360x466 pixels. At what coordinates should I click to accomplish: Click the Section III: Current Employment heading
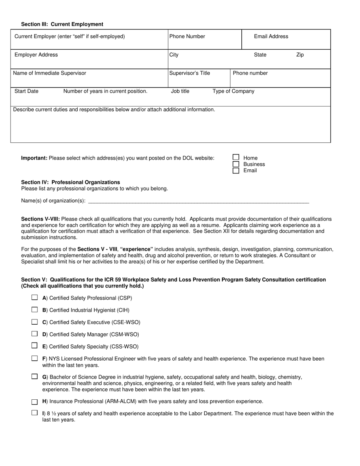(x=62, y=24)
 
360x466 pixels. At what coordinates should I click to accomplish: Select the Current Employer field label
(x=69, y=36)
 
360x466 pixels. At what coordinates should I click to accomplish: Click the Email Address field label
(x=271, y=36)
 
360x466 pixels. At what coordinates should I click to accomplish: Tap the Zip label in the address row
(x=300, y=55)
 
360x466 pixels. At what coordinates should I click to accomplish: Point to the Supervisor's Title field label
(x=189, y=73)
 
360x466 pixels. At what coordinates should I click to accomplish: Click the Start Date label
(x=26, y=91)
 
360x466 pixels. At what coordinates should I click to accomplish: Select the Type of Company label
(x=233, y=91)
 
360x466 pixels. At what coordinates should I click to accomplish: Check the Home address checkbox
(x=236, y=157)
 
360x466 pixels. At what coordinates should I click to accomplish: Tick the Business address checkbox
(x=236, y=164)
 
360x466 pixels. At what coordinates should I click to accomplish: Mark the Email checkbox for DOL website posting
(x=236, y=170)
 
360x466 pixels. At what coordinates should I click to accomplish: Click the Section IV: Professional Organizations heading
(x=70, y=182)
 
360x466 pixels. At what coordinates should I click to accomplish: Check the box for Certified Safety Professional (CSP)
(x=35, y=298)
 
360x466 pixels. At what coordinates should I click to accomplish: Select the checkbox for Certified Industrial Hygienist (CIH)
(x=35, y=310)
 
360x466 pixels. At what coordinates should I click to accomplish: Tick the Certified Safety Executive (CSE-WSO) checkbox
(x=35, y=322)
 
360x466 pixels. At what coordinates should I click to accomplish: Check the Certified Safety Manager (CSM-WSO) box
(x=35, y=334)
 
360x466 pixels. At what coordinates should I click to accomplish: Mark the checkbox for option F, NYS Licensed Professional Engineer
(x=35, y=358)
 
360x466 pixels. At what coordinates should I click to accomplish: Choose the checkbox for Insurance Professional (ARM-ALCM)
(x=35, y=402)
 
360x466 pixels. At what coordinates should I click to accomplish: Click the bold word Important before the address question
(x=34, y=158)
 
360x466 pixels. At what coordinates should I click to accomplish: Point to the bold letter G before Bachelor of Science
(x=44, y=377)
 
